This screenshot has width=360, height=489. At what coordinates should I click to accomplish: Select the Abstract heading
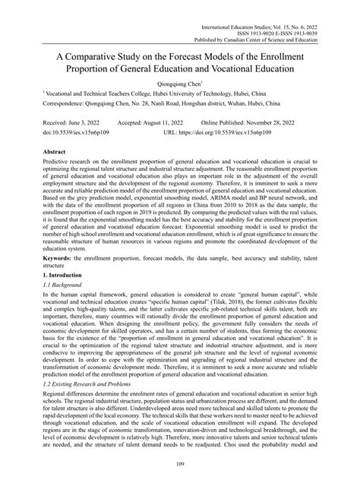(x=56, y=153)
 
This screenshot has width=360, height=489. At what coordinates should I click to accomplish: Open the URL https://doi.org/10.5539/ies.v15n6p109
(x=244, y=131)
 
